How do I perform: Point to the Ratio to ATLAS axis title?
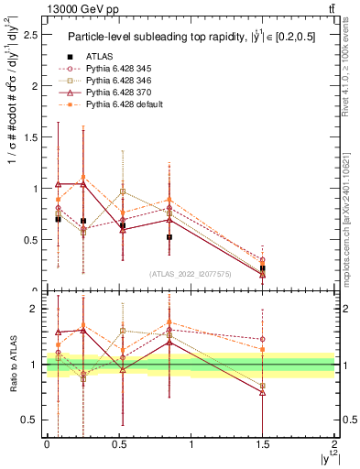pyautogui.click(x=12, y=365)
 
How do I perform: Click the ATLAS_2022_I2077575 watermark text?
pyautogui.click(x=190, y=274)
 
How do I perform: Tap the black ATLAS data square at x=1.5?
pyautogui.click(x=263, y=268)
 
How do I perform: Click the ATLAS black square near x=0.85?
pyautogui.click(x=169, y=237)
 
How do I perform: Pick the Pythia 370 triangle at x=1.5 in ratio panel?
pyautogui.click(x=263, y=392)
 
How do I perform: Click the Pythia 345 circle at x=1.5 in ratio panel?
pyautogui.click(x=263, y=339)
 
